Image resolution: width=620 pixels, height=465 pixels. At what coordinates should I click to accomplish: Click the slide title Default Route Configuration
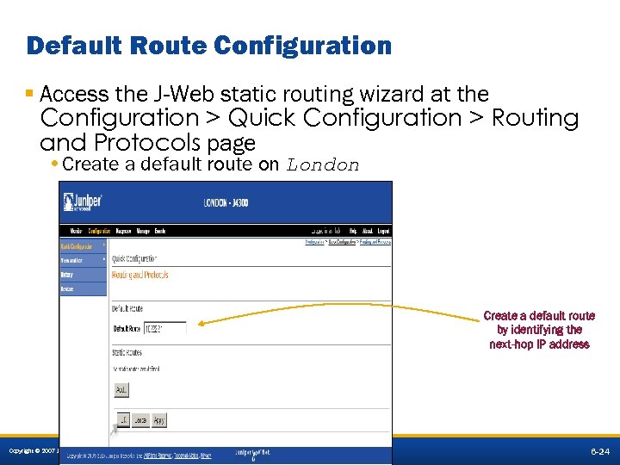coord(208,45)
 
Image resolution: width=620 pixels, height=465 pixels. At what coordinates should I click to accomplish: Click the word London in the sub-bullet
coord(323,164)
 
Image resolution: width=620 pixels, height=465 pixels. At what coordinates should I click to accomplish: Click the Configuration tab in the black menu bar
coord(99,231)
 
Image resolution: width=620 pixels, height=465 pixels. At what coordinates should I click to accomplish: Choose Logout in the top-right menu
coord(383,231)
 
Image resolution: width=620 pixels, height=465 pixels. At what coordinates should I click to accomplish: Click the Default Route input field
coord(165,328)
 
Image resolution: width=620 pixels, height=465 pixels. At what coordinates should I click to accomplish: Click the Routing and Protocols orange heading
coord(139,275)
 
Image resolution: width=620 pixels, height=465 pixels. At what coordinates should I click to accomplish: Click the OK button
coord(122,419)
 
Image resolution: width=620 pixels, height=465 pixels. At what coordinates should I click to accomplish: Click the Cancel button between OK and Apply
coord(139,419)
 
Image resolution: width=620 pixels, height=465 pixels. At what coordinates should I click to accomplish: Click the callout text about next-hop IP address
coord(539,330)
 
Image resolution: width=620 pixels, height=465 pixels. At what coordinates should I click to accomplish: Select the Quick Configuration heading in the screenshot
coord(134,258)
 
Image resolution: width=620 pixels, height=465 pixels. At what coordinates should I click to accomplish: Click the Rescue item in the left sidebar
coord(67,289)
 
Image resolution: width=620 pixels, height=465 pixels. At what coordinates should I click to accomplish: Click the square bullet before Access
coord(30,93)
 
